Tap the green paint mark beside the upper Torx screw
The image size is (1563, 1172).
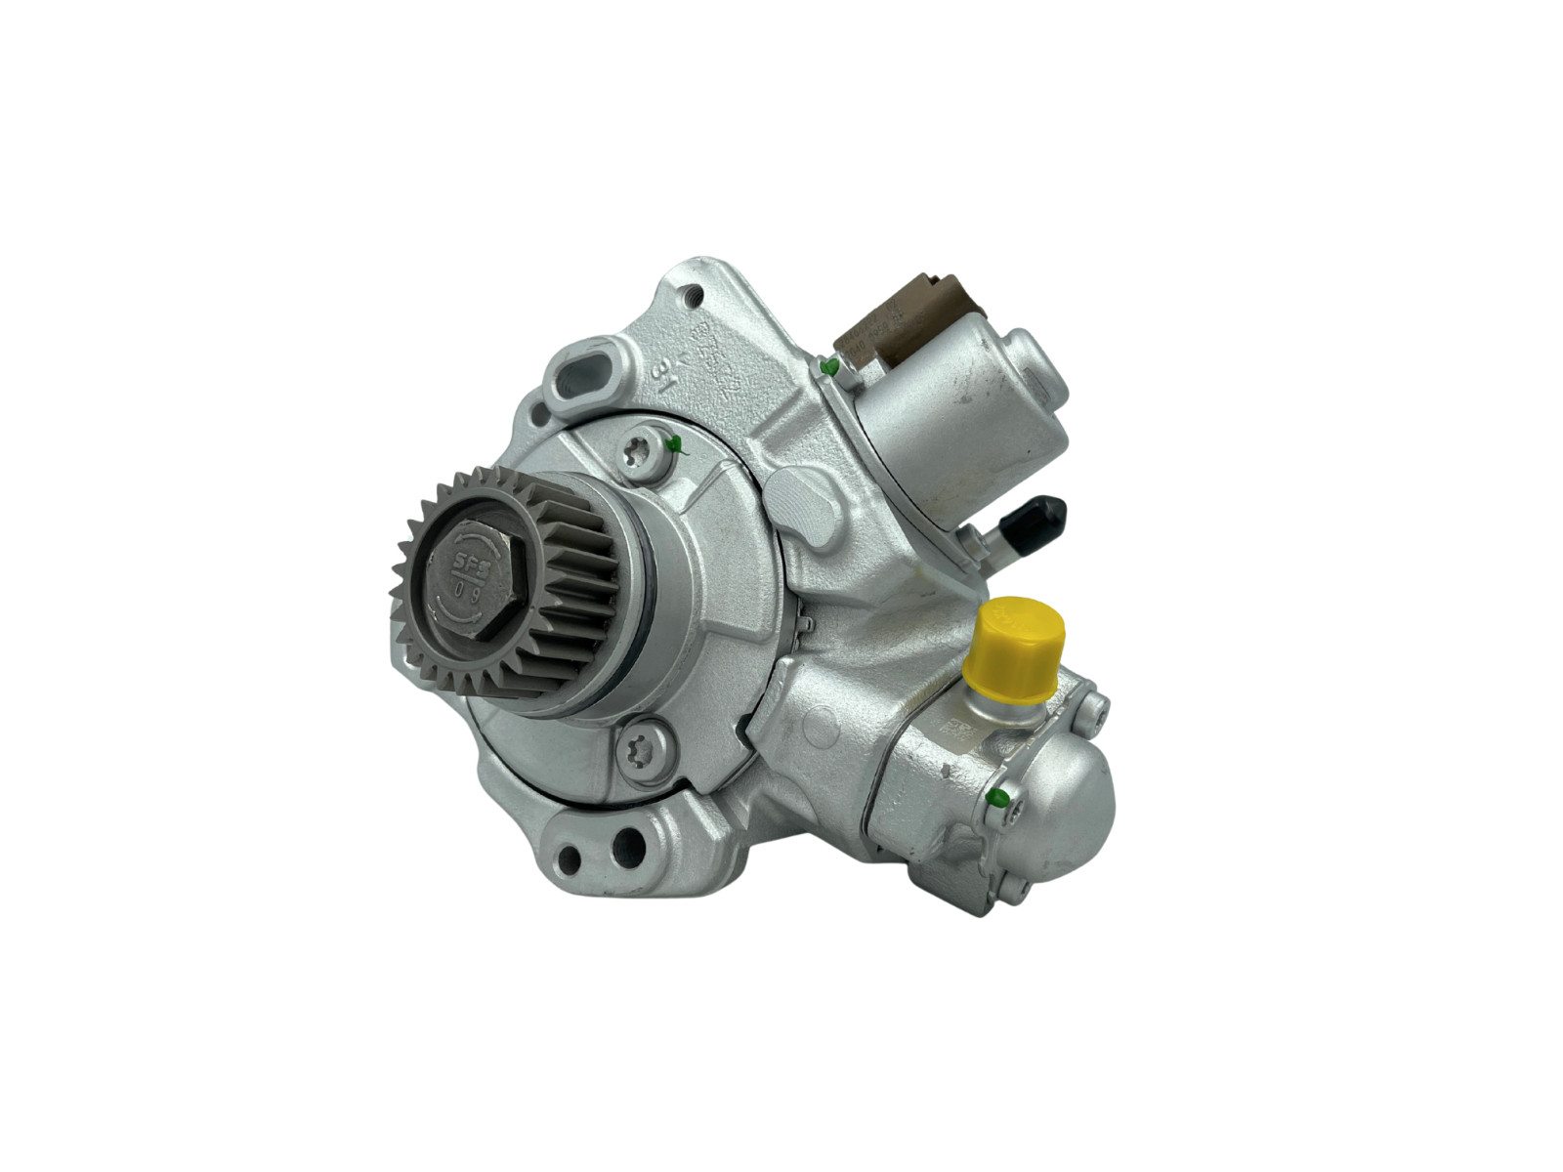click(x=673, y=445)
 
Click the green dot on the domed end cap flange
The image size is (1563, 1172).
click(x=997, y=797)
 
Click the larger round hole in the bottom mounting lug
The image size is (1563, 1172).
click(x=628, y=845)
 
